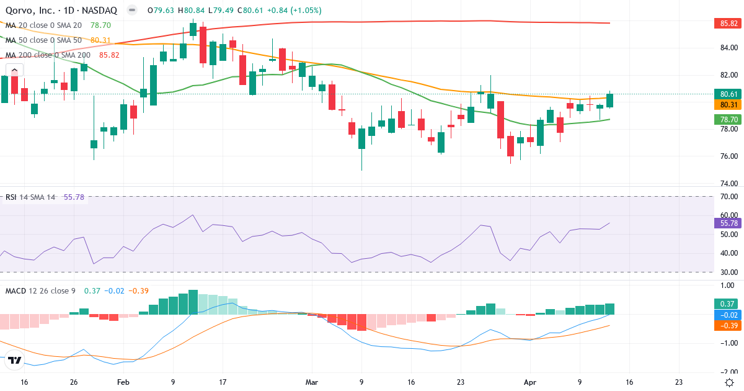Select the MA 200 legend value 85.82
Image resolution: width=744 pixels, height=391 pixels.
pos(109,55)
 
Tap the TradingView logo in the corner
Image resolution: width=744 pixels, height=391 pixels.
pos(14,360)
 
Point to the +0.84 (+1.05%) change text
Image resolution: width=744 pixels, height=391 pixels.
pos(293,11)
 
